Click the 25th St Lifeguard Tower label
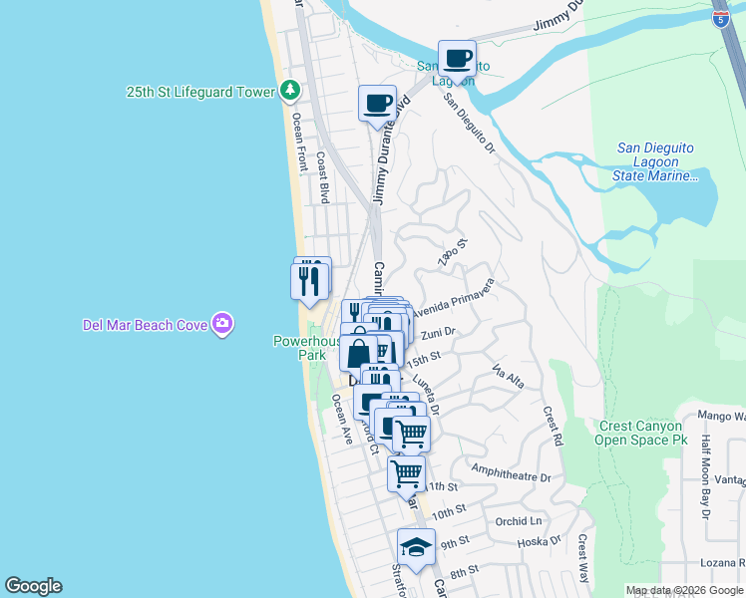199,92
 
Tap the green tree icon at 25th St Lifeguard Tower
290,92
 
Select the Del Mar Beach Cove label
145,324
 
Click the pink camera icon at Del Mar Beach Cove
222,323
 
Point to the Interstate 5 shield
720,16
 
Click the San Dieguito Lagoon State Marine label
655,161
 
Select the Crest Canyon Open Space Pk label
643,432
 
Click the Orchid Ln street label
518,521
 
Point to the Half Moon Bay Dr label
705,478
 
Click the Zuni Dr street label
438,333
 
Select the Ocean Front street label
297,141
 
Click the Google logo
33,586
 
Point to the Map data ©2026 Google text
684,590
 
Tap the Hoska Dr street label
543,541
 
